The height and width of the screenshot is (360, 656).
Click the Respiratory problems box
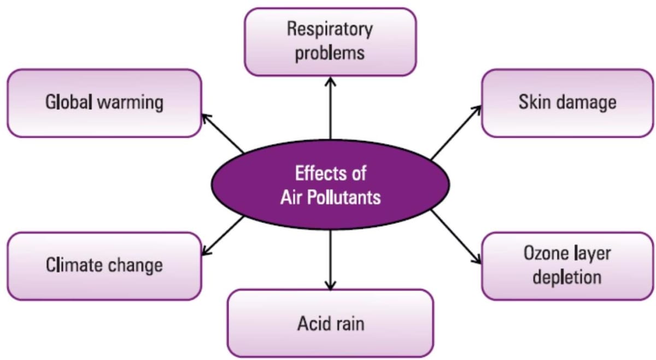[x=330, y=42]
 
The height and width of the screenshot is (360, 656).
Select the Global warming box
[x=104, y=103]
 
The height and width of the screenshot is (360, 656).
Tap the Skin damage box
[x=567, y=103]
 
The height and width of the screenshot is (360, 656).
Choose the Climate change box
[x=104, y=266]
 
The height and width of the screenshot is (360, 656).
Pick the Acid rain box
[x=330, y=323]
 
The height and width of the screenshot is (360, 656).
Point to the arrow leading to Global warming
[x=222, y=133]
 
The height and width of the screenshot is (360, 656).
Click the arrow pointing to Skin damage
[x=455, y=132]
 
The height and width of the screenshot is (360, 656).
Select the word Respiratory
[x=330, y=30]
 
